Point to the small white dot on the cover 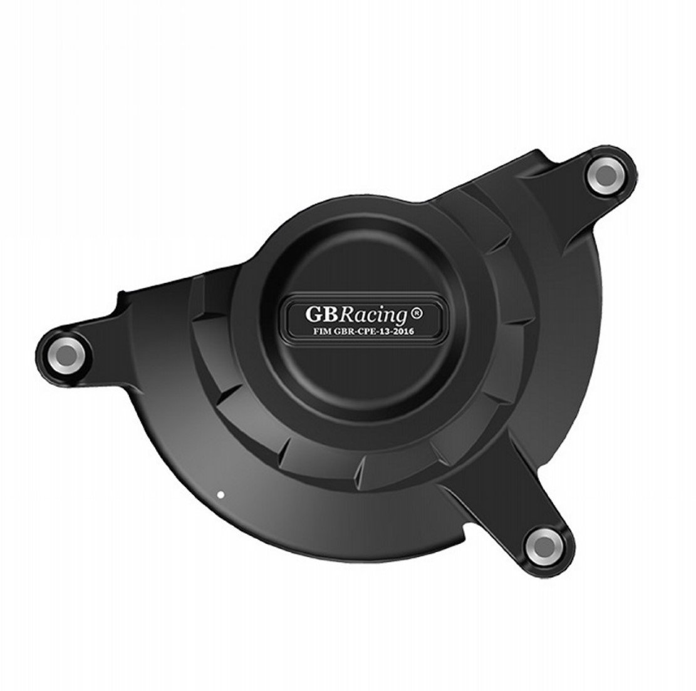click(219, 495)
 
